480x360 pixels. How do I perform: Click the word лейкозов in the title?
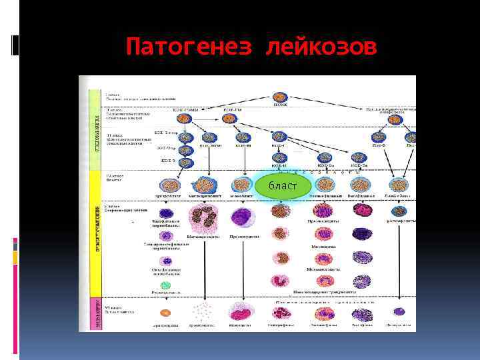[x=321, y=47]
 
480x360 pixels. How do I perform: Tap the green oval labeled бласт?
[x=283, y=185]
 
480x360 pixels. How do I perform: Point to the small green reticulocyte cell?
[x=165, y=285]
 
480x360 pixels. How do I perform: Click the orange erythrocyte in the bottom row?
[x=165, y=312]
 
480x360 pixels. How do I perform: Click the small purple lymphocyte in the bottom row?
[x=399, y=311]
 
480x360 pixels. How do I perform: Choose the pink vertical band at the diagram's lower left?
[x=95, y=313]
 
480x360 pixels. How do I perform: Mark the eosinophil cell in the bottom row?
[x=324, y=313]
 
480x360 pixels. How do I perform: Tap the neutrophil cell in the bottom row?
[x=281, y=313]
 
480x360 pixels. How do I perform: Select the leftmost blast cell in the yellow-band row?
[x=166, y=185]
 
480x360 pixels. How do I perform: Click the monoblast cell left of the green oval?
[x=241, y=185]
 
